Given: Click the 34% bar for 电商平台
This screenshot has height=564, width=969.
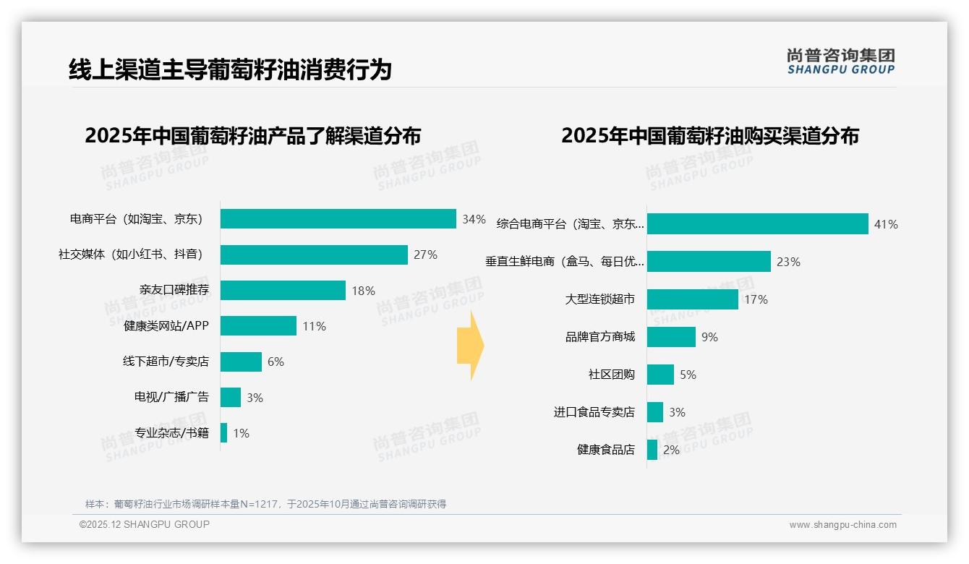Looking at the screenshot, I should (x=338, y=219).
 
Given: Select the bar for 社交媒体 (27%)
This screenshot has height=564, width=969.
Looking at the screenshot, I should (x=314, y=255).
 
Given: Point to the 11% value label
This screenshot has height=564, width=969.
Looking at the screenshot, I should (x=315, y=326).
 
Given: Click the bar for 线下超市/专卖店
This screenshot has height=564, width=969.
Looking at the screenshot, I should (x=241, y=362).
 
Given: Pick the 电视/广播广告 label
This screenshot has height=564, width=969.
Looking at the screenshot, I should (x=171, y=397).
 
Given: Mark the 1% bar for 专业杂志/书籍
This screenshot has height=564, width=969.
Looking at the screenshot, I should (x=224, y=433).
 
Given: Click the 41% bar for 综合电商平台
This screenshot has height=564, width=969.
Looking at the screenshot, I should (x=757, y=224).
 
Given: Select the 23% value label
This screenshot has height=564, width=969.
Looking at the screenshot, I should (x=788, y=262).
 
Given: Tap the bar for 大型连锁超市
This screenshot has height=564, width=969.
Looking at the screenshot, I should (x=692, y=299).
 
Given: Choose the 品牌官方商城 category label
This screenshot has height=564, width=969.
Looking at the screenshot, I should (x=600, y=337).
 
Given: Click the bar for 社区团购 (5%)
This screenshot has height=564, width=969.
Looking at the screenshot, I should (x=660, y=375).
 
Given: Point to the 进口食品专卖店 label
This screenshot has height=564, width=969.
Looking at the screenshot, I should (x=594, y=412).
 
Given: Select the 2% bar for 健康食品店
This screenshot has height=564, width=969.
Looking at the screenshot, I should (x=652, y=450).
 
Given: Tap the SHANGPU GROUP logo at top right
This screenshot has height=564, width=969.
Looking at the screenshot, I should (x=840, y=61).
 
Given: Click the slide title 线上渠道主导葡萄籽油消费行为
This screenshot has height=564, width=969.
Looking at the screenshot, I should (x=230, y=70).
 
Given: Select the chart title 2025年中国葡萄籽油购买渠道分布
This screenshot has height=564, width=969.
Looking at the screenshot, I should (x=709, y=136).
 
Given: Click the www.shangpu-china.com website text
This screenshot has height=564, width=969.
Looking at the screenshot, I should (x=842, y=525).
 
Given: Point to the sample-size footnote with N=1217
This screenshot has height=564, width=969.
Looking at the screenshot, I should (x=265, y=504).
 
